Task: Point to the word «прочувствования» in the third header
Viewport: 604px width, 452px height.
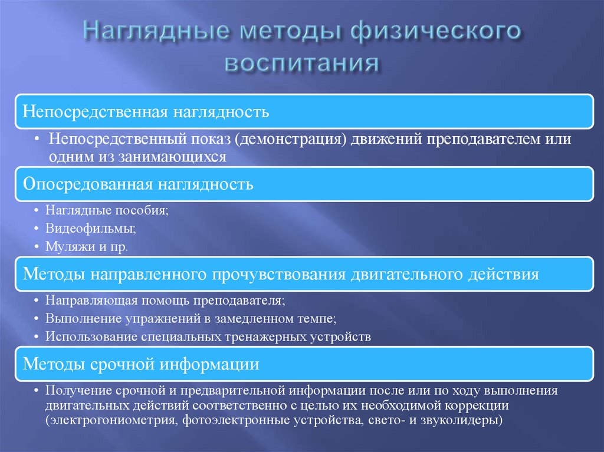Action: (x=279, y=275)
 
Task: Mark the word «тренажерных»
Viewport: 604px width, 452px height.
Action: (x=280, y=337)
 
